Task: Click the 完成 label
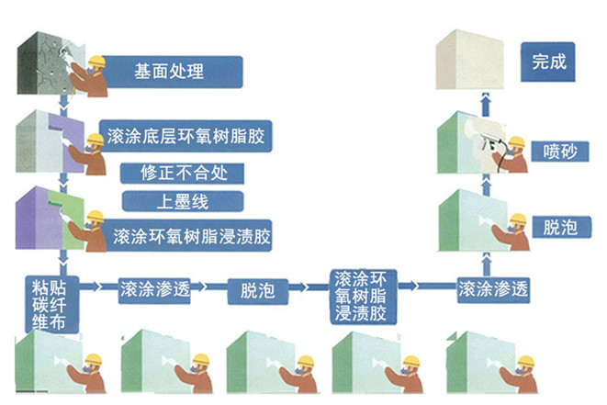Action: [549, 63]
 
